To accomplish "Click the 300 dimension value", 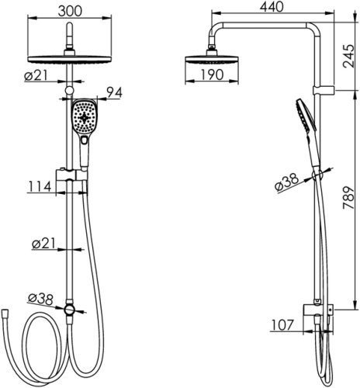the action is click(x=70, y=11).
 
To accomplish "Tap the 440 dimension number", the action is click(x=272, y=7).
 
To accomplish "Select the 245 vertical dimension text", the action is click(x=348, y=57).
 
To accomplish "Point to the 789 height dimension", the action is click(x=348, y=198).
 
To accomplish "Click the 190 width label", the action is click(x=212, y=74).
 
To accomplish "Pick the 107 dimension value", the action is click(x=282, y=325).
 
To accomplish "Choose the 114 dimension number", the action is click(x=40, y=186).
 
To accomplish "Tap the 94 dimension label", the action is click(x=114, y=92).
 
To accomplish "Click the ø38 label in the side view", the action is click(x=286, y=183).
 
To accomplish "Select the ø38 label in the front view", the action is click(x=40, y=300).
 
